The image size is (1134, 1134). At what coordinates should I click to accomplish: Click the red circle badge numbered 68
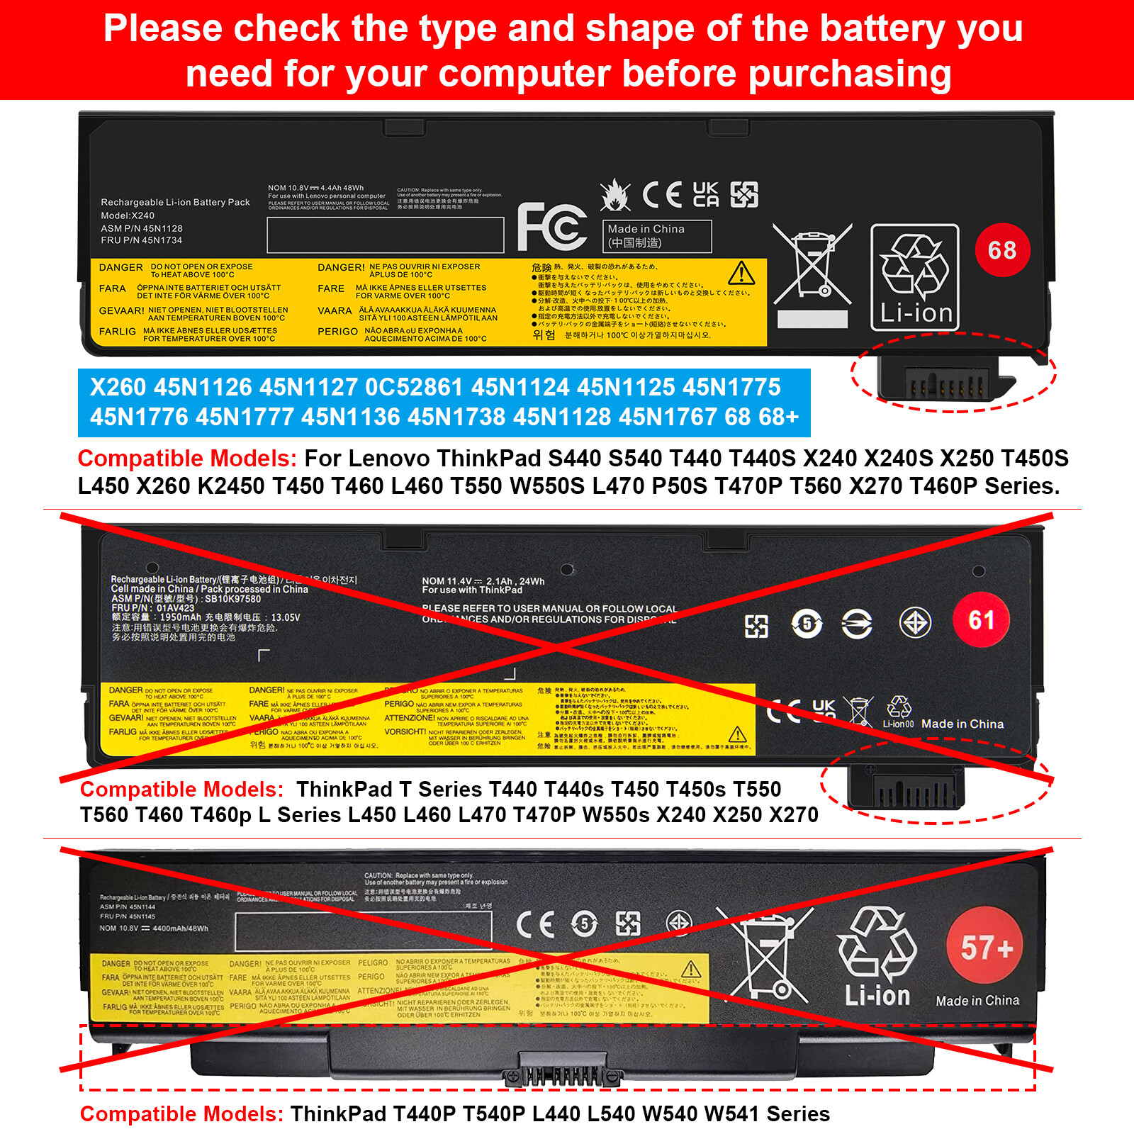point(1002,249)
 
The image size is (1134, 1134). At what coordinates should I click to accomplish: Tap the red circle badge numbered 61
point(981,620)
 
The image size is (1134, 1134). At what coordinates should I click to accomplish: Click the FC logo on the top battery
point(551,227)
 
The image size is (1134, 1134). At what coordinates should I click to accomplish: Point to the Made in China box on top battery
point(657,236)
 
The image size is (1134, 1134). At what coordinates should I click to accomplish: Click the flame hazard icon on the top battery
point(614,195)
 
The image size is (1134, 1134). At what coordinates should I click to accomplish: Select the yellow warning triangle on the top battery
point(741,273)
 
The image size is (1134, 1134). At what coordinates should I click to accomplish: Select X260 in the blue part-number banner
point(118,387)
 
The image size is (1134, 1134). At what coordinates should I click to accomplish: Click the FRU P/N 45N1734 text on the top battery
point(142,240)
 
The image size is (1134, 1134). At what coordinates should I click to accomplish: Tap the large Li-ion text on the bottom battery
point(877,996)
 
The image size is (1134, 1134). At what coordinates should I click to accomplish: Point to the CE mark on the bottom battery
point(535,925)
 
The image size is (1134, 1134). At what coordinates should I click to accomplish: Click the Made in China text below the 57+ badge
point(977,1001)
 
